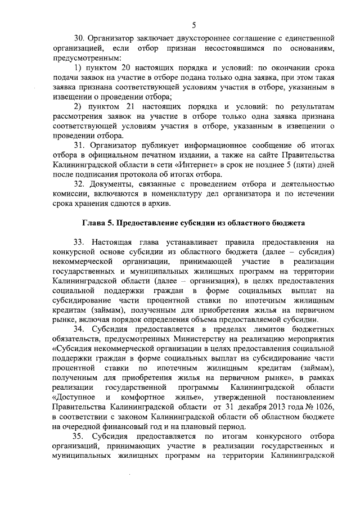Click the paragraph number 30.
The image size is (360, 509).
pyautogui.click(x=79, y=38)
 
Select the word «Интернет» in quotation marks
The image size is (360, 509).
pyautogui.click(x=194, y=165)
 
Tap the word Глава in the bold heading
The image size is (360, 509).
pyautogui.click(x=96, y=224)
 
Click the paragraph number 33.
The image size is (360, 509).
pyautogui.click(x=79, y=242)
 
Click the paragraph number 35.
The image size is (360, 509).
pyautogui.click(x=79, y=437)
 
